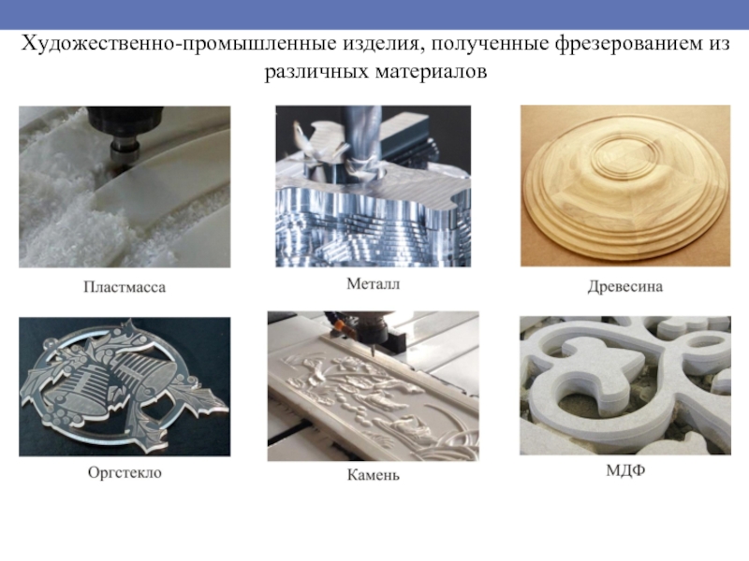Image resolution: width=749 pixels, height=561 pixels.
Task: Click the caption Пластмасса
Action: pos(125,287)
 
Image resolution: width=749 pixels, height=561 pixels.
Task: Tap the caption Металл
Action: pos(373,284)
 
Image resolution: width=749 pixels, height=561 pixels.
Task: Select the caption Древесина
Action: pos(625,286)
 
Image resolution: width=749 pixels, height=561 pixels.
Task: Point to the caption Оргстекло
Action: pos(125,472)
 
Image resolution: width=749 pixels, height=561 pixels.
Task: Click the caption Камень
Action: pos(373,475)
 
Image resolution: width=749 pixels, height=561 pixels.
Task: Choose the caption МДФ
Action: pos(625,470)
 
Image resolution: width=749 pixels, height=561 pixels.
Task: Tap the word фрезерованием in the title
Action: pos(627,44)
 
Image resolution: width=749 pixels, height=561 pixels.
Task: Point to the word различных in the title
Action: pos(316,72)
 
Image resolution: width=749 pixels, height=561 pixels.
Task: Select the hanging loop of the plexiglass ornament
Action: pos(51,345)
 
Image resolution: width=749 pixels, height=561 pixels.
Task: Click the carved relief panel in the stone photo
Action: pos(373,392)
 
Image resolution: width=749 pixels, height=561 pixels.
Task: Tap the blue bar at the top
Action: pos(374,14)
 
